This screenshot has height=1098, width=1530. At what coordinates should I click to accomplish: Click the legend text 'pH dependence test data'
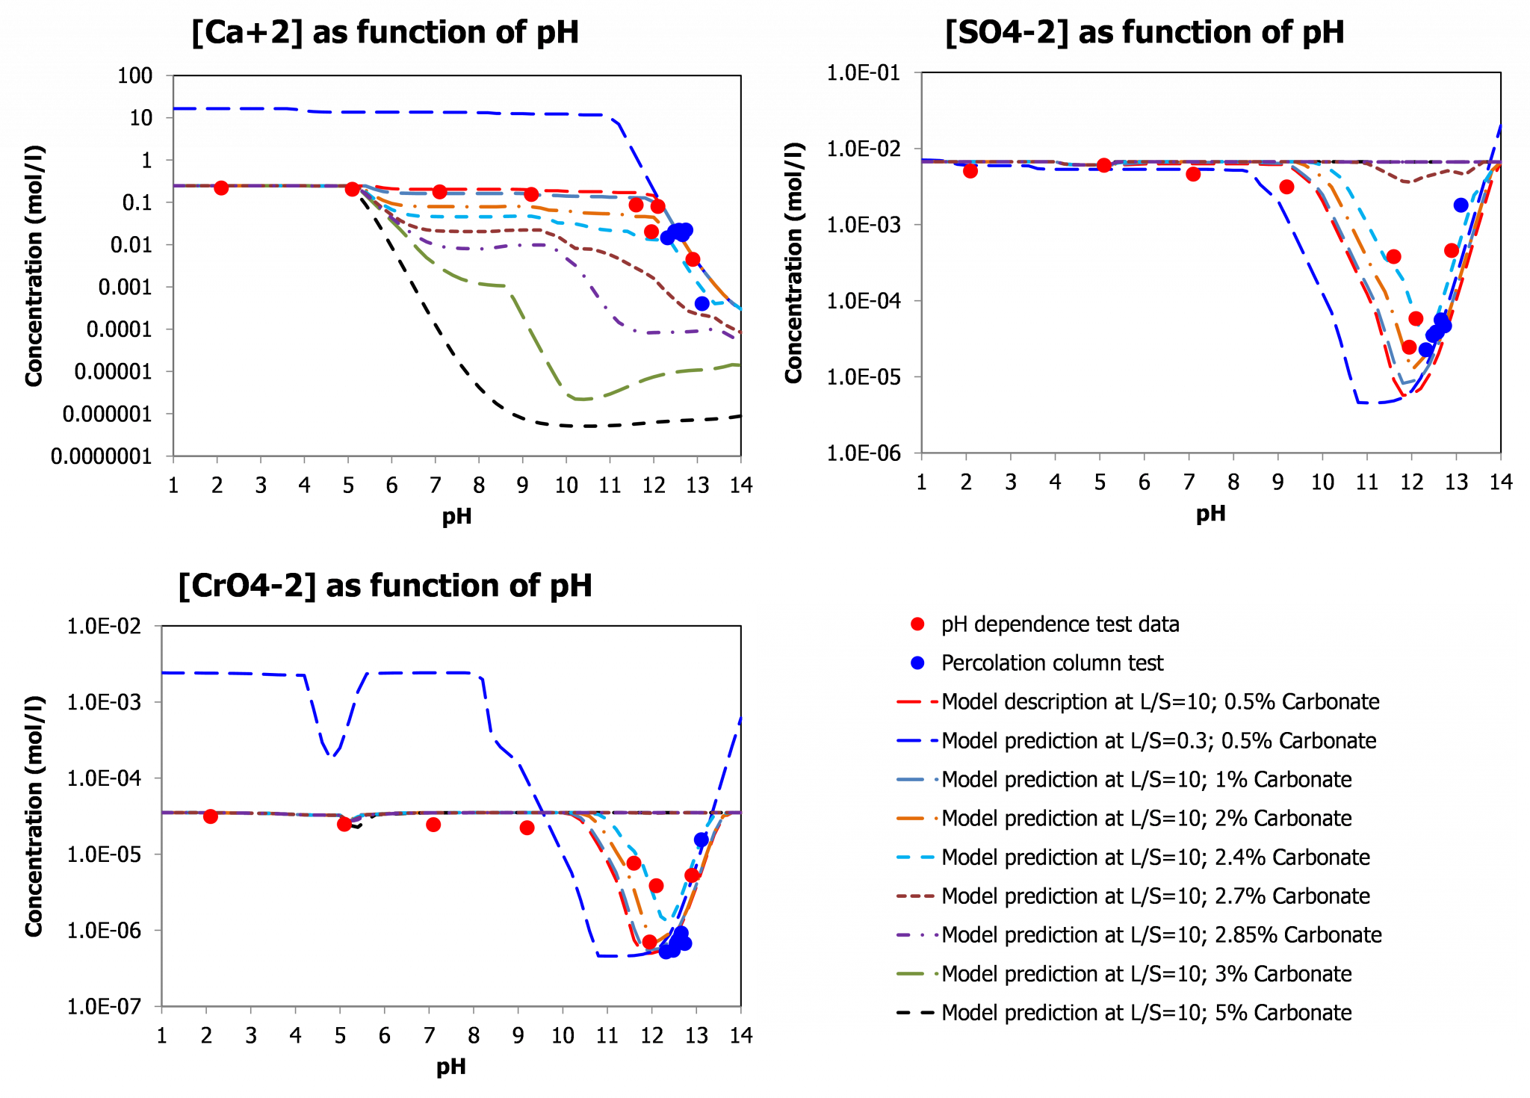pyautogui.click(x=1059, y=624)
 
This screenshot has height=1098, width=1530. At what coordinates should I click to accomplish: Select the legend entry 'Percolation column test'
pyautogui.click(x=1052, y=663)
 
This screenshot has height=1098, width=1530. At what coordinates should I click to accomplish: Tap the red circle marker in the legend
pyautogui.click(x=917, y=624)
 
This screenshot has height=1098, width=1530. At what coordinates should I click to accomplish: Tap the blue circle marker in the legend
pyautogui.click(x=917, y=663)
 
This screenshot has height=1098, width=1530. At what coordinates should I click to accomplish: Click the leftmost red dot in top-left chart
pyautogui.click(x=221, y=188)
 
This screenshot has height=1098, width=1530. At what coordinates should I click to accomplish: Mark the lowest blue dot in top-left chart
pyautogui.click(x=701, y=303)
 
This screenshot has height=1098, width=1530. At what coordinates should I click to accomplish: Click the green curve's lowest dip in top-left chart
pyautogui.click(x=583, y=399)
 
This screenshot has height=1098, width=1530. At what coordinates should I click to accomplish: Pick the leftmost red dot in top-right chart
pyautogui.click(x=970, y=172)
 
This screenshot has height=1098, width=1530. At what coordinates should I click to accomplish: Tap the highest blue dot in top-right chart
pyautogui.click(x=1461, y=205)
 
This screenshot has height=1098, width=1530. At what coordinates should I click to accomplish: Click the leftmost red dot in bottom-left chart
pyautogui.click(x=211, y=817)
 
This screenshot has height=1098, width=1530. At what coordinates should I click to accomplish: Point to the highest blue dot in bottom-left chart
pyautogui.click(x=701, y=840)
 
